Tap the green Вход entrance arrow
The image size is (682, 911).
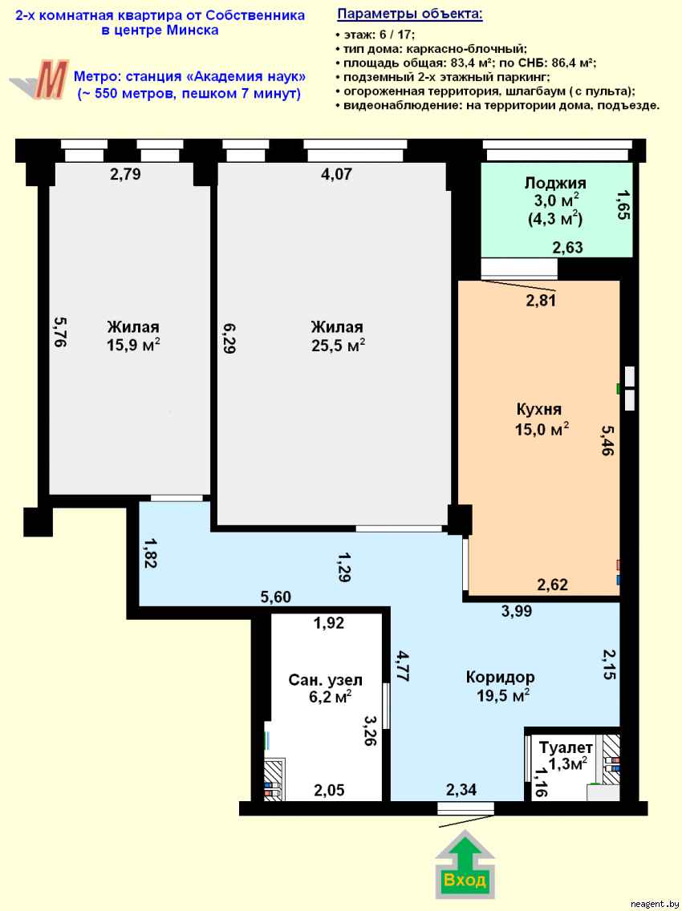[465, 866]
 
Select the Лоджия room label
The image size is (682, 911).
[555, 183]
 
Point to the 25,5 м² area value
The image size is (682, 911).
[338, 345]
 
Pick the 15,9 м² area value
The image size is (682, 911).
[133, 345]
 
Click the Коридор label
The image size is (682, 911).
[500, 678]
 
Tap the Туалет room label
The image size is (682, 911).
[566, 748]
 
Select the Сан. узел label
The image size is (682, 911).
[319, 680]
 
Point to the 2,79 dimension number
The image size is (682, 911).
[125, 173]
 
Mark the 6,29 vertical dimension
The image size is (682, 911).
[229, 338]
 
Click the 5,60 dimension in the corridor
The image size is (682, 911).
[275, 597]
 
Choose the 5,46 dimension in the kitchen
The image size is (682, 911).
[607, 440]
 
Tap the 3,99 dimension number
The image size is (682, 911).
[517, 610]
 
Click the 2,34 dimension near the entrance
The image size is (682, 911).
[461, 791]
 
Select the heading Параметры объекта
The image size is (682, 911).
[410, 14]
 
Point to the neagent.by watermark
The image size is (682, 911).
[655, 903]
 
